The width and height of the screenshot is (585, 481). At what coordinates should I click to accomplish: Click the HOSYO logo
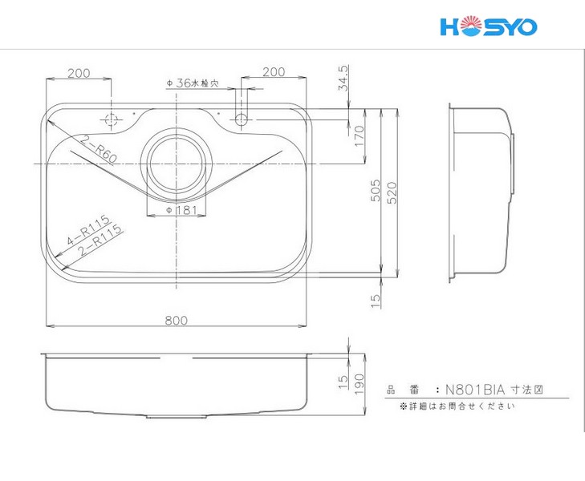coord(489,27)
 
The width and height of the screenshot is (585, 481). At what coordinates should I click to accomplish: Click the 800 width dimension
coord(176,320)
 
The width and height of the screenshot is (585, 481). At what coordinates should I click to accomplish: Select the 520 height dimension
coord(392,192)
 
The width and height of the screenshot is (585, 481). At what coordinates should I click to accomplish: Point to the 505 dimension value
coord(376,190)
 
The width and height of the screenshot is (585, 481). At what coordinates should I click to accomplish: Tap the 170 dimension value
coord(359,136)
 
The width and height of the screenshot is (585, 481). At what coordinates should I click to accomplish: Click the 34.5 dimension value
coord(343,78)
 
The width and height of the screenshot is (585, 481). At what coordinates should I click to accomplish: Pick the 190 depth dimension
coord(359,384)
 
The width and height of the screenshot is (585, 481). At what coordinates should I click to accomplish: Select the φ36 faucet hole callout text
coord(193,83)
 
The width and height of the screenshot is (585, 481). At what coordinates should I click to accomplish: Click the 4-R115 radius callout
coord(89,230)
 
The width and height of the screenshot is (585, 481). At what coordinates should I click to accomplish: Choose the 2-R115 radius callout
coord(100,239)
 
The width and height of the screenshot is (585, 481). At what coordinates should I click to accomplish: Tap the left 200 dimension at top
coord(79,73)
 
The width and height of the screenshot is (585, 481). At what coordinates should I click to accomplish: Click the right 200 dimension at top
coord(274,71)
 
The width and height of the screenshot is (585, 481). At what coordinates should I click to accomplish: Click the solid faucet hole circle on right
coord(242,119)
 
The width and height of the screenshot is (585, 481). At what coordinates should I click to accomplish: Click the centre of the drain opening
coord(177,164)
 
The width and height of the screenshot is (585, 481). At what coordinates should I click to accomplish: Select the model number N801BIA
coord(475,390)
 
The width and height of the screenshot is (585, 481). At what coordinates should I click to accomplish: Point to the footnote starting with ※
coord(457,406)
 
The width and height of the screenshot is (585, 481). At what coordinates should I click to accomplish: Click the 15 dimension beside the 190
coord(343,382)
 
